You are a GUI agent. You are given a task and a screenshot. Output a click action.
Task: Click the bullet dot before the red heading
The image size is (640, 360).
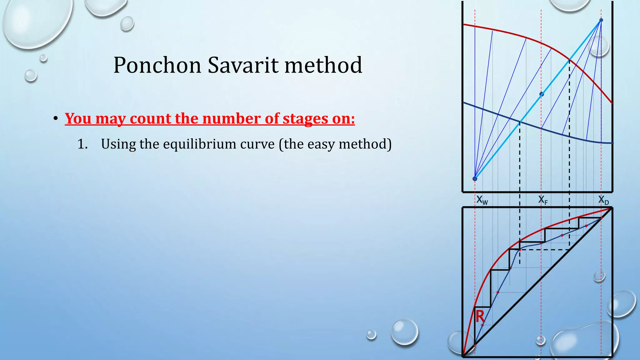(x=56, y=119)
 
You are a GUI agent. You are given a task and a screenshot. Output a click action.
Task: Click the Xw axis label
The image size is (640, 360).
(x=482, y=200)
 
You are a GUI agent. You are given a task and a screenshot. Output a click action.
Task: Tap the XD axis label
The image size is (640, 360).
(x=603, y=200)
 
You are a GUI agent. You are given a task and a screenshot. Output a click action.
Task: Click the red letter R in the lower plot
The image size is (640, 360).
(x=480, y=317)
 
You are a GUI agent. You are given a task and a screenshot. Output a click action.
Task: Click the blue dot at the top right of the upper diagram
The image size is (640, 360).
(x=601, y=20)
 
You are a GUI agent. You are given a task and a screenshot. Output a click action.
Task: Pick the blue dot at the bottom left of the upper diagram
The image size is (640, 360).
(x=475, y=179)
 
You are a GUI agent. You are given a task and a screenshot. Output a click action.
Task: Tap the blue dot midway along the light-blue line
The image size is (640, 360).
(x=542, y=94)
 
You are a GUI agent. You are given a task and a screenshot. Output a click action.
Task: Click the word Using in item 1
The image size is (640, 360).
(x=118, y=144)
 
